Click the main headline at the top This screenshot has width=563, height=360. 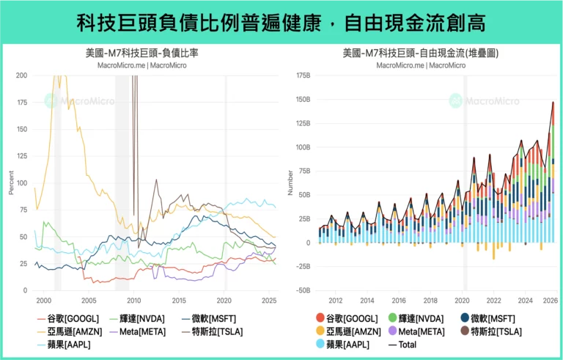pyautogui.click(x=281, y=22)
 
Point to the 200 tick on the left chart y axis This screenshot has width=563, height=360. pyautogui.click(x=21, y=76)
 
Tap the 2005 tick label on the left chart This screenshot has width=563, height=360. pyautogui.click(x=89, y=301)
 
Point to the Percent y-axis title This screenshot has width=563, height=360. pyautogui.click(x=11, y=183)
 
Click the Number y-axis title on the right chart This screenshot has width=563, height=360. pyautogui.click(x=290, y=183)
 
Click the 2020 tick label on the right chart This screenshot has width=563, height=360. pyautogui.click(x=462, y=301)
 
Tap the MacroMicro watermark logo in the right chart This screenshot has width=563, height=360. pyautogui.click(x=455, y=100)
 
